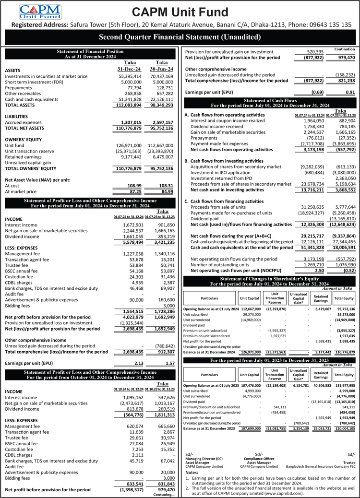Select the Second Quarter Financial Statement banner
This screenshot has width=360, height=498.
tap(180, 37)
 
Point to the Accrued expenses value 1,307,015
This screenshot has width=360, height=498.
tap(129, 123)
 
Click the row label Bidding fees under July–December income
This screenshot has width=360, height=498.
tap(18, 305)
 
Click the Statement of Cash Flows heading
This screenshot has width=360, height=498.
tap(269, 100)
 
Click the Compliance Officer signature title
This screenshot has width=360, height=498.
tap(259, 458)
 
